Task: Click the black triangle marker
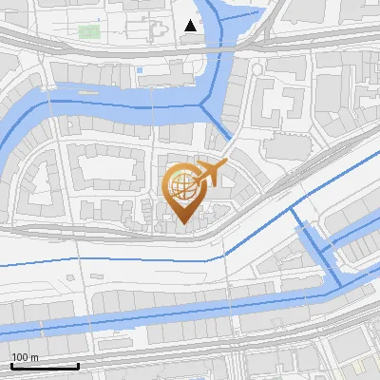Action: point(191,26)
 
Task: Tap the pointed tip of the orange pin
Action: point(182,225)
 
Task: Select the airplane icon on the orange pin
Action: point(211,173)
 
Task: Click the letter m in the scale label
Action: point(34,357)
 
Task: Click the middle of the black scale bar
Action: point(45,366)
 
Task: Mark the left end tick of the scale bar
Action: point(11,365)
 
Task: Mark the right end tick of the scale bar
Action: point(78,365)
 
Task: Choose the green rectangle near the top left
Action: point(88,32)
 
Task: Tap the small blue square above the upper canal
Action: point(141,69)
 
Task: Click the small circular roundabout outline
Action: point(256,68)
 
